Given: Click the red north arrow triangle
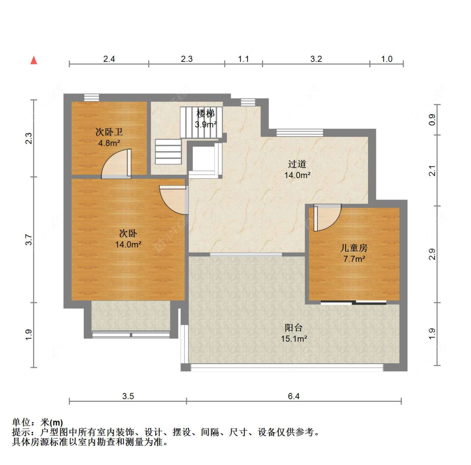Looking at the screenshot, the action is [33, 60].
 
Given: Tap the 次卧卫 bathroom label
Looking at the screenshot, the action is [109, 132].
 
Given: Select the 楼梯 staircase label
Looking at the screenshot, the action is [206, 114].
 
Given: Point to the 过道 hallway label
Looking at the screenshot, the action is [297, 164].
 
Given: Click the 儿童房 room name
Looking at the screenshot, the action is [354, 248].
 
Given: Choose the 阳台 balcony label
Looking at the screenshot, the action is [293, 328].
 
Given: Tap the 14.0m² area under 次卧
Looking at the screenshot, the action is [128, 244].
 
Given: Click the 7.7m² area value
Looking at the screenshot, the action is [354, 259].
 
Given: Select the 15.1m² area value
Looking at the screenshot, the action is [294, 339].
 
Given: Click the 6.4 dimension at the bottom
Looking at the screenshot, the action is [294, 396].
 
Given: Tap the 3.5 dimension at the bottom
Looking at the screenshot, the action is [128, 396].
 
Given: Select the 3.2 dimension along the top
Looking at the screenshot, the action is [316, 59].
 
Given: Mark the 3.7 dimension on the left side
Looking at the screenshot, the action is [28, 240].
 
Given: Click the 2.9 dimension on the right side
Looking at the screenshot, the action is [432, 254].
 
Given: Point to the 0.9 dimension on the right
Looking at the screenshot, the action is [432, 120].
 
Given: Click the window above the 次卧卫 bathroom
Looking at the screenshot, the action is [91, 97].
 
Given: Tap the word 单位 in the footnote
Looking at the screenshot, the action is [21, 422].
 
